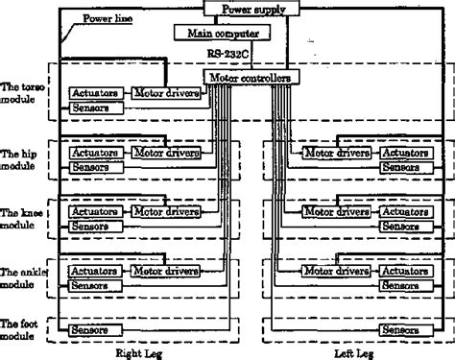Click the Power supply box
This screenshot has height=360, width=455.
click(251, 9)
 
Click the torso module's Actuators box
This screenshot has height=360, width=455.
click(93, 94)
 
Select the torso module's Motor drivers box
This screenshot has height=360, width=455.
click(166, 94)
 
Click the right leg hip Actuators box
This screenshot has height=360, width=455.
click(93, 153)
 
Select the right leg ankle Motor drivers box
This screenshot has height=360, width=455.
click(166, 271)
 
